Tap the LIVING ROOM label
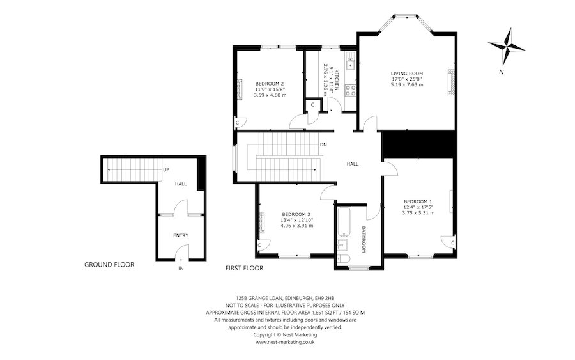407,74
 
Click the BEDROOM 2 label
269,84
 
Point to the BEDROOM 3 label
296,214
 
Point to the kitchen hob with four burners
349,90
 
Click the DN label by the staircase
324,145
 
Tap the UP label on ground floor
165,170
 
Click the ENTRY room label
181,235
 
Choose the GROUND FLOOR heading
109,264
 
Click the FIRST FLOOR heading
244,269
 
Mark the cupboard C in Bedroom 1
452,244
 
